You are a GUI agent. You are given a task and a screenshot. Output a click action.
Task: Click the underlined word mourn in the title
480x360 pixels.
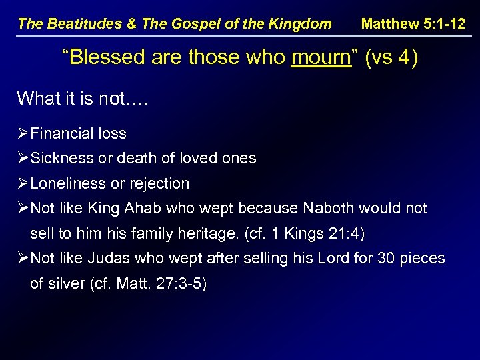[321, 58]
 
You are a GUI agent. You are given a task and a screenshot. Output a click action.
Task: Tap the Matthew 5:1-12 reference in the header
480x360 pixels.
[413, 24]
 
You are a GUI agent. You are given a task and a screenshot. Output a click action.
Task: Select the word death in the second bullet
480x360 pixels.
[136, 159]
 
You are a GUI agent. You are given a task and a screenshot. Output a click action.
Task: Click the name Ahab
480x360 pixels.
[141, 209]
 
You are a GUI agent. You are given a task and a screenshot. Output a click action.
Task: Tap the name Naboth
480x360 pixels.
[330, 209]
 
